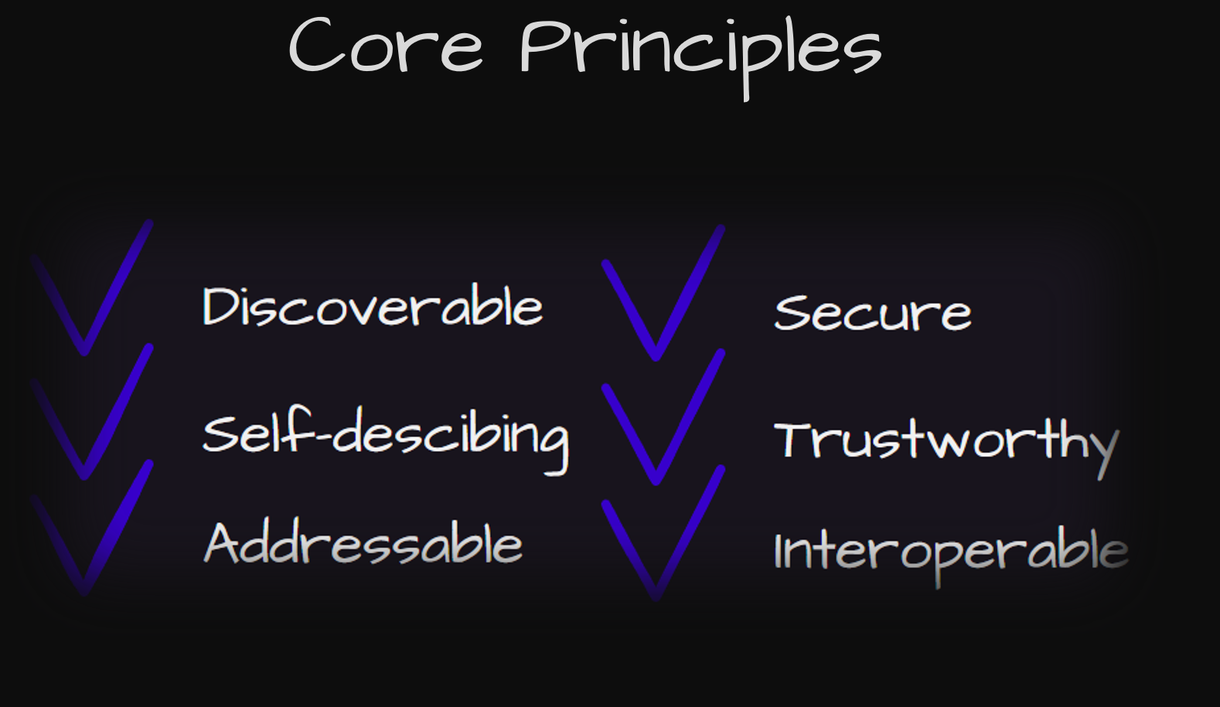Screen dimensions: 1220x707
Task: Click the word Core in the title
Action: pyautogui.click(x=386, y=45)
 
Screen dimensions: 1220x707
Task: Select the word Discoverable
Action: pyautogui.click(x=373, y=305)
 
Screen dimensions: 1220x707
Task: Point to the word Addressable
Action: pyautogui.click(x=363, y=543)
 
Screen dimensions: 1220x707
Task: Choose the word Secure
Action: pyautogui.click(x=873, y=312)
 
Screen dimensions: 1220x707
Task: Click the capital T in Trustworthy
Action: pyautogui.click(x=796, y=440)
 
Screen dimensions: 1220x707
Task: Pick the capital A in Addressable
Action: pyautogui.click(x=224, y=544)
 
